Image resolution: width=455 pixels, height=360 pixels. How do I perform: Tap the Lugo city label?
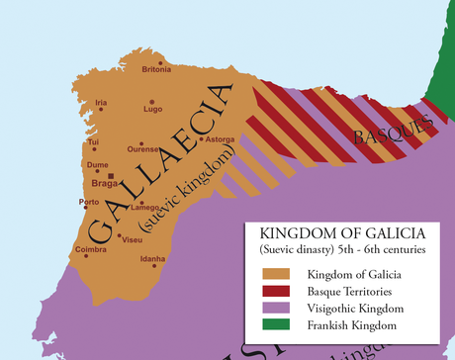tap(152, 109)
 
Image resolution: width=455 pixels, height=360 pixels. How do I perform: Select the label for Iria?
tap(100, 103)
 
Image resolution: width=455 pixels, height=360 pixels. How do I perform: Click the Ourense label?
tap(142, 149)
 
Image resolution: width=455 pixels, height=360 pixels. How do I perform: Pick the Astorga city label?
tap(219, 139)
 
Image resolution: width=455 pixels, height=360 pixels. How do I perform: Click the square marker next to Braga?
tap(112, 177)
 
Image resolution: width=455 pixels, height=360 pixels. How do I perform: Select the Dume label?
tap(97, 165)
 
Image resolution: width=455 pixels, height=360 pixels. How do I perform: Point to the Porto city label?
tap(89, 203)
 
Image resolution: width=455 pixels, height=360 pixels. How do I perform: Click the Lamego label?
tap(144, 207)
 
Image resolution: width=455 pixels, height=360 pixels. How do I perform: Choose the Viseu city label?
tap(131, 239)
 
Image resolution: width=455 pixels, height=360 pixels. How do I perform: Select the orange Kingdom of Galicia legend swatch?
tap(282, 273)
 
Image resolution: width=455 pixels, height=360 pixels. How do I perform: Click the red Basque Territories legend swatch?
tap(282, 291)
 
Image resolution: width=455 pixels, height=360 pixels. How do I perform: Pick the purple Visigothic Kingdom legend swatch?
tap(282, 308)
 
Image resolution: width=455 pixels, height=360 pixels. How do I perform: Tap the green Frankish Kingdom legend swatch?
tap(282, 324)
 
